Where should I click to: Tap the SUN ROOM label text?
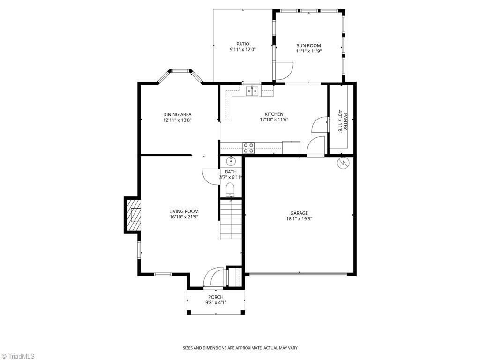(x=308, y=45)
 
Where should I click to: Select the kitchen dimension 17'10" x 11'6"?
(x=274, y=120)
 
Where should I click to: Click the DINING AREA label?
(x=177, y=114)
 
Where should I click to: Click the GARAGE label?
(x=299, y=213)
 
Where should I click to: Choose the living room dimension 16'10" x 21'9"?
(x=184, y=217)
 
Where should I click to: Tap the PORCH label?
(x=216, y=297)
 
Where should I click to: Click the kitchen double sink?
(x=253, y=91)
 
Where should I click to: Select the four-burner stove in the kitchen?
(x=248, y=148)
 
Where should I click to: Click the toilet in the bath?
(x=230, y=189)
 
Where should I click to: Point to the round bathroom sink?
(x=231, y=162)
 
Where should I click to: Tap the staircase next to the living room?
(x=230, y=219)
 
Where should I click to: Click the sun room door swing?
(x=284, y=71)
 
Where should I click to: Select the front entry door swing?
(x=214, y=277)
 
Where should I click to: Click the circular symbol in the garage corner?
(x=344, y=163)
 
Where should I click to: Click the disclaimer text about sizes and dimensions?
(x=240, y=348)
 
